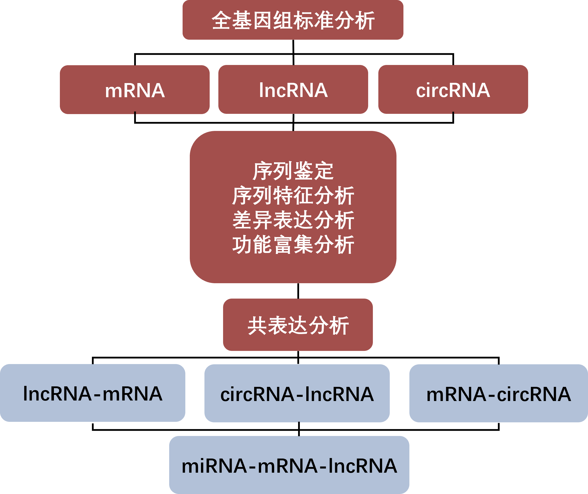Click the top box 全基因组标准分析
[x=293, y=20]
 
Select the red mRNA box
[x=135, y=90]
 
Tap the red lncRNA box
[x=293, y=90]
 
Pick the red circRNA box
[x=453, y=90]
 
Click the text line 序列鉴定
[x=293, y=171]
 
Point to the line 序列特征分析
[x=293, y=195]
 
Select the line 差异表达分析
[x=293, y=220]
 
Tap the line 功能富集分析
[x=293, y=245]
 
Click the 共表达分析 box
[x=298, y=325]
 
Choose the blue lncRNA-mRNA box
[x=93, y=394]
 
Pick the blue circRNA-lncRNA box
[x=297, y=394]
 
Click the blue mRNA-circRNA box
[x=499, y=394]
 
